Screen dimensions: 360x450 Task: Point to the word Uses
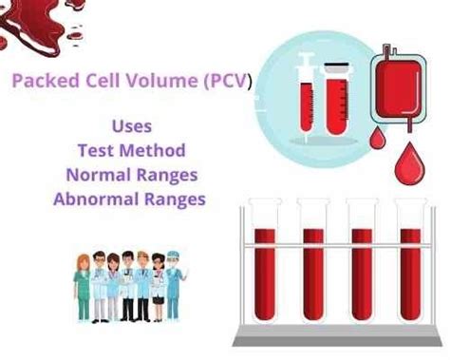pos(131,125)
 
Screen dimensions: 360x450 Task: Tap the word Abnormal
pos(94,199)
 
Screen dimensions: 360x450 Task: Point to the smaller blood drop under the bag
pos(378,139)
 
